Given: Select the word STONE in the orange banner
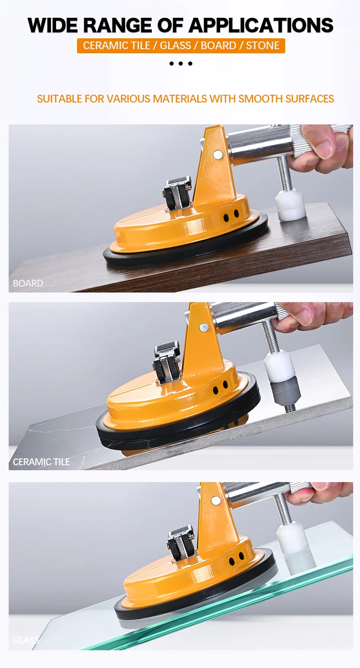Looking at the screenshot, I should pos(263,46).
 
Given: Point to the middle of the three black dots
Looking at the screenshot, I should pos(180,63).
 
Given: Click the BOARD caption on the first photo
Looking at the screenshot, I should pos(28,283).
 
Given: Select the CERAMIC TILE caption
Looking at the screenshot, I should pos(41,462).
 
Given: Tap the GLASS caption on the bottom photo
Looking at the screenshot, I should pos(26,640).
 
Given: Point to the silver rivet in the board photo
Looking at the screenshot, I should pos(218,154).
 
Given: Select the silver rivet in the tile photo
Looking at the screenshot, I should pos(204,327).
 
